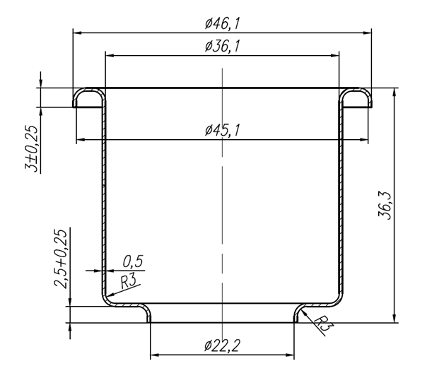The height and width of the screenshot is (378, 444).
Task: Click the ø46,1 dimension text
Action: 223,23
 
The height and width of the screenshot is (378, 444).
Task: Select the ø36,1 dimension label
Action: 223,47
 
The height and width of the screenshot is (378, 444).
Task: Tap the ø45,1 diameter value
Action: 223,130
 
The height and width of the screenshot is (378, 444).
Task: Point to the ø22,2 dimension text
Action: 222,345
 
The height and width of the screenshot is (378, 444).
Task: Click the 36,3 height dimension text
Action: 385,206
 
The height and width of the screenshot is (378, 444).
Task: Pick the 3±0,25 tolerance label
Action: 31,149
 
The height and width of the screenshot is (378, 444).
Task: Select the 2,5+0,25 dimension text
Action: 61,259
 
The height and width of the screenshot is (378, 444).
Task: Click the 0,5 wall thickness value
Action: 133,261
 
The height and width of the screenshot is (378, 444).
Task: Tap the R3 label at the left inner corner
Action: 128,281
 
